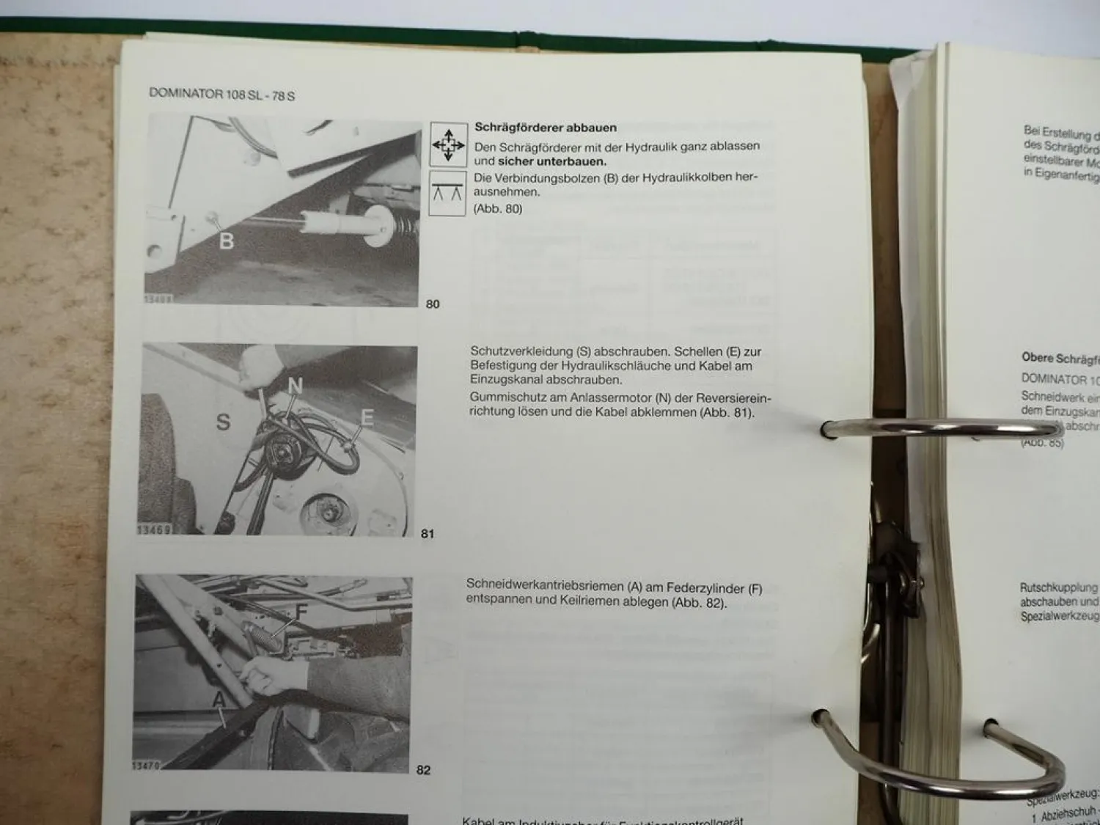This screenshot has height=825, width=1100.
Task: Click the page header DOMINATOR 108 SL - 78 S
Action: (221, 95)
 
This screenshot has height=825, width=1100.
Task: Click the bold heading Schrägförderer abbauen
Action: (545, 128)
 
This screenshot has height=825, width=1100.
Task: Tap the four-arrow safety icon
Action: (448, 144)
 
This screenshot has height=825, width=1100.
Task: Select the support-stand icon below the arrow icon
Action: (447, 193)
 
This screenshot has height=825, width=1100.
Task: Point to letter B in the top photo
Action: (227, 241)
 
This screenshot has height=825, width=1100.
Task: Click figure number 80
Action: (433, 304)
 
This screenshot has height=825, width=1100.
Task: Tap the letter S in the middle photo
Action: (223, 422)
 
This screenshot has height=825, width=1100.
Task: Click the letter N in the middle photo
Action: (295, 386)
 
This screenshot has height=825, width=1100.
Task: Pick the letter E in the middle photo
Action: (367, 418)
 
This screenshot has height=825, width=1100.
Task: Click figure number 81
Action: (428, 534)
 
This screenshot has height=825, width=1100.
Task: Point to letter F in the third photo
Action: (301, 611)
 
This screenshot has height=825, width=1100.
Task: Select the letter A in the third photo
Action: (219, 701)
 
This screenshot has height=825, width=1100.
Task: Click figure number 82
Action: (423, 770)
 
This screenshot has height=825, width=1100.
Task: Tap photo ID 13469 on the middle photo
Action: (154, 529)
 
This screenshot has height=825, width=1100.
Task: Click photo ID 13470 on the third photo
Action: (147, 766)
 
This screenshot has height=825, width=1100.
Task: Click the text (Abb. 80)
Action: (498, 209)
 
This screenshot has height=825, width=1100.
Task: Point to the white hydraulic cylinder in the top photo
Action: (330, 220)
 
